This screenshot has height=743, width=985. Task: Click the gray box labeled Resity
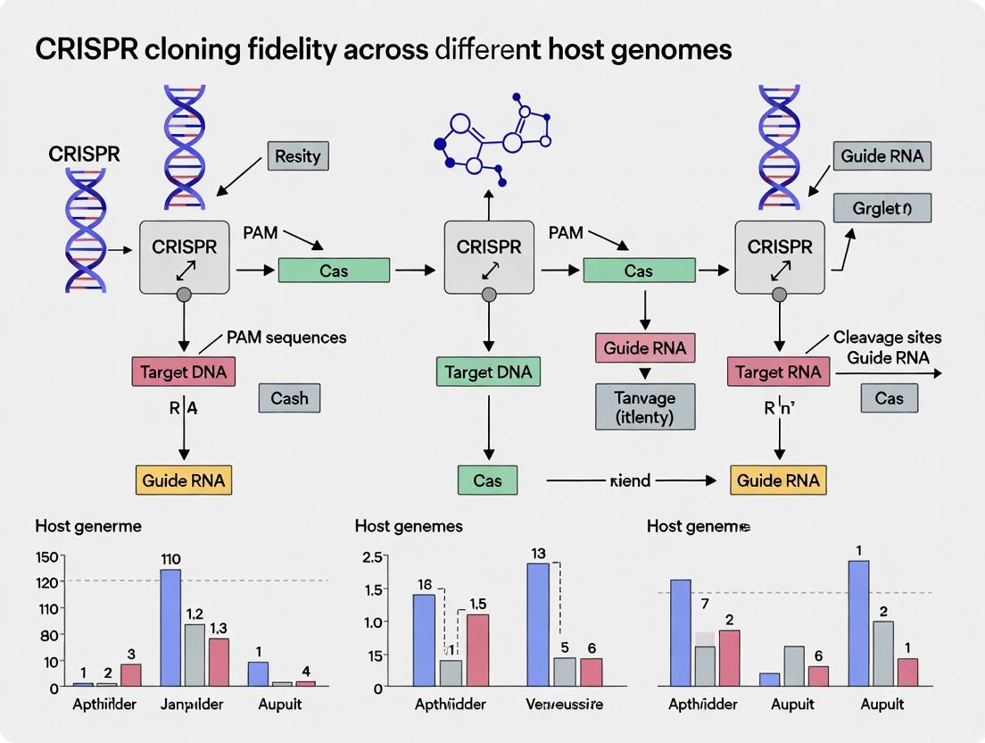[x=297, y=156]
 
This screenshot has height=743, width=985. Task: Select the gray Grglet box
[x=882, y=207]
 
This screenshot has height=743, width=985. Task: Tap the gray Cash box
[x=289, y=398]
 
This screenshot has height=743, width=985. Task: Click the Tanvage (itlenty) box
[x=644, y=407]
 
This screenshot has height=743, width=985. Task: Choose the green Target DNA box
[x=488, y=371]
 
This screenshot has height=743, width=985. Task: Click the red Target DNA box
[x=184, y=371]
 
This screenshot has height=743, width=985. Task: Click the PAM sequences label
[x=286, y=338]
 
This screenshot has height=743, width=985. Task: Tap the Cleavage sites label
[x=887, y=338]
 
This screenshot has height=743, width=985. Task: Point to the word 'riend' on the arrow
[x=630, y=480]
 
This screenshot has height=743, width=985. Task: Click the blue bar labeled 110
[x=170, y=627]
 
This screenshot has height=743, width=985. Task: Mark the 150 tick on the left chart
[x=46, y=557]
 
